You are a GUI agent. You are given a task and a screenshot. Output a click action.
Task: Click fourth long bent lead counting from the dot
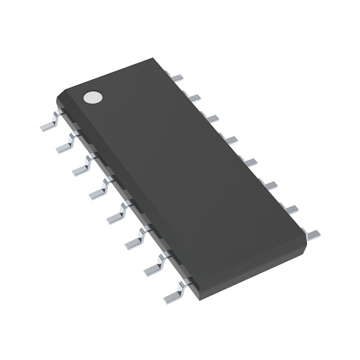tap(100, 190)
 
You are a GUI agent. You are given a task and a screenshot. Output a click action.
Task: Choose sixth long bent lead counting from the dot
tap(136, 238)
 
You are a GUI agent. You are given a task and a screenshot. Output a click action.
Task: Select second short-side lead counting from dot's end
tap(193, 97)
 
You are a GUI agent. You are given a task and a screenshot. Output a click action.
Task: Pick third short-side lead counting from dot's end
tap(211, 118)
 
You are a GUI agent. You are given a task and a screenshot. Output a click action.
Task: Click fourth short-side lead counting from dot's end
tap(230, 139)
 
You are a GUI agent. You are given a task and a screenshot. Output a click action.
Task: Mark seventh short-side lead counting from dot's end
tap(291, 208)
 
